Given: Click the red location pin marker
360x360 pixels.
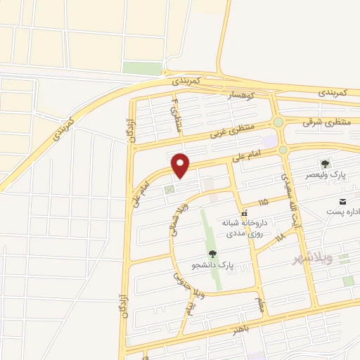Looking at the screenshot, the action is (181, 165).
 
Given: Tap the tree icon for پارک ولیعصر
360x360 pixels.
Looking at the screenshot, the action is (325, 164).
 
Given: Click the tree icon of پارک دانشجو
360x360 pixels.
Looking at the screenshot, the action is (212, 255).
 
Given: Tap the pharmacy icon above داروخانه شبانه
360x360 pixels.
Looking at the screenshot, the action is (243, 213).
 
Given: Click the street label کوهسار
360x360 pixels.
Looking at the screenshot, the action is (241, 94).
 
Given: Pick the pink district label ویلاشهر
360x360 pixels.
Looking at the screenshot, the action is (309, 262).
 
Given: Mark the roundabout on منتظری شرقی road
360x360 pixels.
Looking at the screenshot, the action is (279, 122).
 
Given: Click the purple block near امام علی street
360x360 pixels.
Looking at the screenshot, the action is (269, 142).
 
